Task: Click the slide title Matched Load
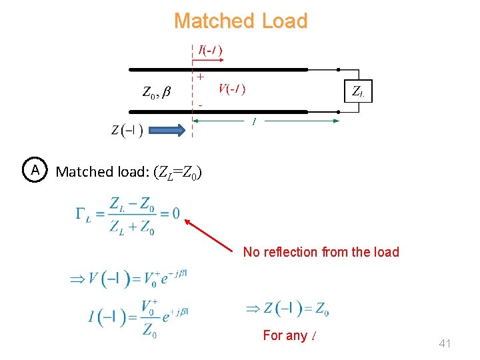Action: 240,21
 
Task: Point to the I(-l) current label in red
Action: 210,49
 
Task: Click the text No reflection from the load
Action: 321,252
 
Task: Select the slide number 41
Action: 445,344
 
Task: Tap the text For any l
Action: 289,335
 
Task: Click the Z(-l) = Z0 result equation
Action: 287,309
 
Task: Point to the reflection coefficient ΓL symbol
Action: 83,215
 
